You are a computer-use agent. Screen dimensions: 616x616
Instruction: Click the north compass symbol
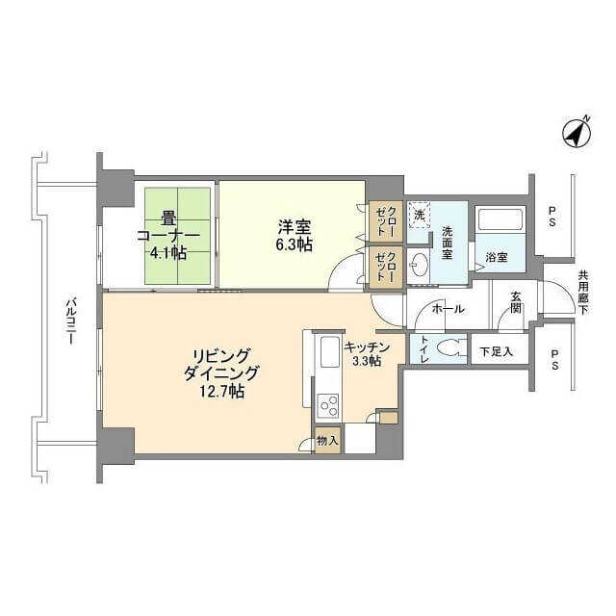pos(577,133)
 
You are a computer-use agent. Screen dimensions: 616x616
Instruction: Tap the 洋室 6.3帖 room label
pos(295,236)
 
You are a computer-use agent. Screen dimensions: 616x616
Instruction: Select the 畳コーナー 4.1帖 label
pos(168,236)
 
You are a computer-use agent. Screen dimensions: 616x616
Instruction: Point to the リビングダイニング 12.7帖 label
pos(222,373)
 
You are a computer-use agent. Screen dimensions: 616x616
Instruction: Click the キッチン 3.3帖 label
pos(367,354)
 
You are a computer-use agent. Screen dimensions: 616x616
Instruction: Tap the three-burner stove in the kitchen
pos(327,406)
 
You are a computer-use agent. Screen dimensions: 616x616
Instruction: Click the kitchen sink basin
pos(330,351)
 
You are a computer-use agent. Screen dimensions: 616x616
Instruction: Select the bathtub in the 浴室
pos(500,219)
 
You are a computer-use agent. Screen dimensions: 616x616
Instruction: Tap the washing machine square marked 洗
pos(420,216)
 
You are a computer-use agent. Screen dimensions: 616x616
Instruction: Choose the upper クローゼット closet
pos(386,221)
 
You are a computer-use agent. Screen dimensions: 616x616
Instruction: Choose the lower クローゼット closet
pos(386,268)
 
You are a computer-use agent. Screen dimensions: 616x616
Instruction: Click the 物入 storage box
pos(327,441)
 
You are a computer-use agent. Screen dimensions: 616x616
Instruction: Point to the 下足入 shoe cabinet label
pos(497,351)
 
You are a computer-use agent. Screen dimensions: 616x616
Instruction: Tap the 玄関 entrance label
pos(516,302)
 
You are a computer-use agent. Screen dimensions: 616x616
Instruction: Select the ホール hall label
pos(448,309)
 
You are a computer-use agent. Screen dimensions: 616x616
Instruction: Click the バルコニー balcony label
pos(70,321)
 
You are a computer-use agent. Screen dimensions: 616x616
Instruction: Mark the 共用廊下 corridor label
pos(583,293)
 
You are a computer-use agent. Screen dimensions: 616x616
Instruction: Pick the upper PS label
pos(552,217)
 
